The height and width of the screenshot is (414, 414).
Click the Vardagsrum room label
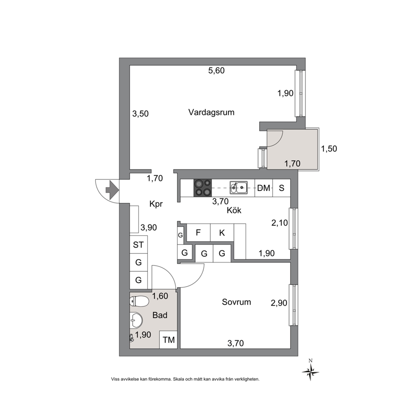tap(211, 113)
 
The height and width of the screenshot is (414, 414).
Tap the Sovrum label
tap(236, 302)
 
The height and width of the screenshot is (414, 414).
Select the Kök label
tap(234, 210)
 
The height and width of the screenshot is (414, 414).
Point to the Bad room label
tap(160, 315)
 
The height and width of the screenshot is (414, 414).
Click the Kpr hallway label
tap(156, 204)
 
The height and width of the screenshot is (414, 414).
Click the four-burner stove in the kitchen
tap(203, 188)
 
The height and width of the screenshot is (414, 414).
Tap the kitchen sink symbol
tap(238, 188)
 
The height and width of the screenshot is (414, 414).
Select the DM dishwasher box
tap(263, 188)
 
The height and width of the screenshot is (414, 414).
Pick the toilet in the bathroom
tap(139, 301)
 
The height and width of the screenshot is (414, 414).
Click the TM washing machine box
tap(169, 340)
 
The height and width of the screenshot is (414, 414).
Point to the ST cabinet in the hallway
tap(139, 245)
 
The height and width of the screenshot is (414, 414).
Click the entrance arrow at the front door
tap(112, 190)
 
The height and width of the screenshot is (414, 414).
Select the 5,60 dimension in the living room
tap(217, 71)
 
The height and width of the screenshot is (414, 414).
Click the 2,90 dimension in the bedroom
tap(279, 303)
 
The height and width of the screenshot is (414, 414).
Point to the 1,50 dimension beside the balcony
tap(329, 149)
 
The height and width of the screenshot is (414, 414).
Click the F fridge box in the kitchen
tap(198, 232)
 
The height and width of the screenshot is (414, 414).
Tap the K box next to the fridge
tap(222, 232)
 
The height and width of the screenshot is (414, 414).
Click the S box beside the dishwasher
tap(281, 188)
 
